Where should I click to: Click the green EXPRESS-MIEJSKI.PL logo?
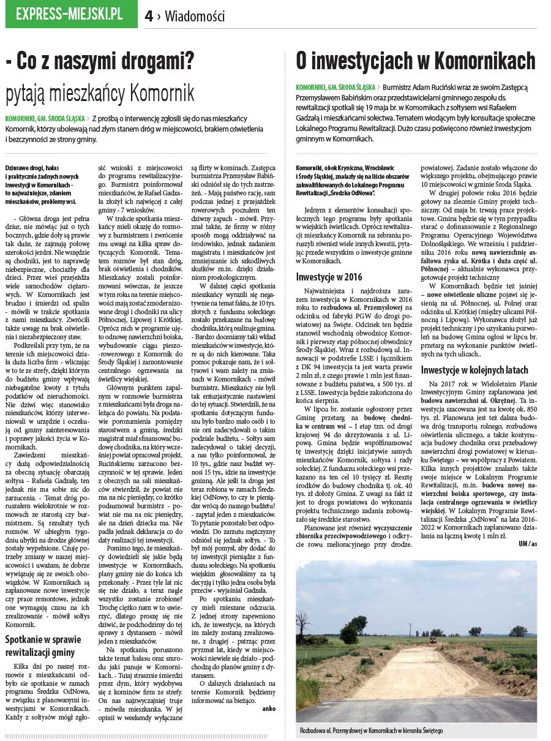point(71,14)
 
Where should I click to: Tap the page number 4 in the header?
point(149,17)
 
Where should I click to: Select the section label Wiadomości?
point(195,17)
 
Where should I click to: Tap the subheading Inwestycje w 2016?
point(329,277)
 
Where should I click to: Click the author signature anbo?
point(268,708)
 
